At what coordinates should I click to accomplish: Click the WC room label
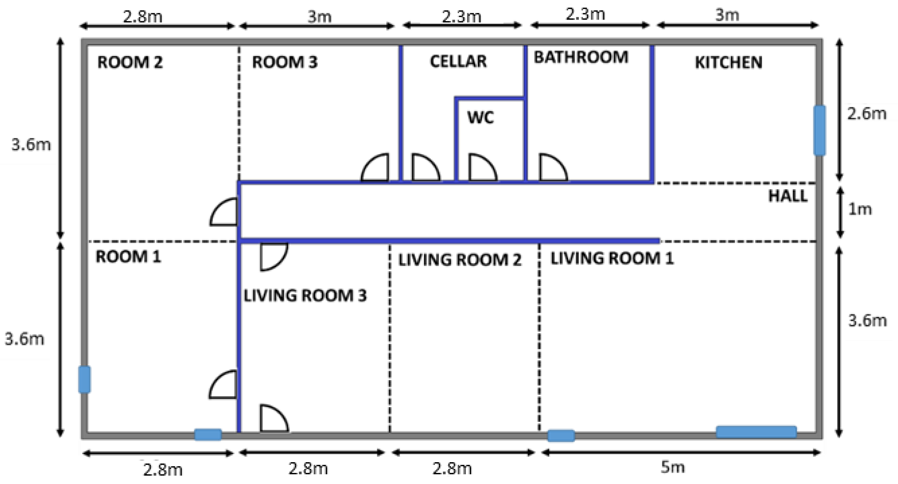[x=480, y=117]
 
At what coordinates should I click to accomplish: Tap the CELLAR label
[x=458, y=61]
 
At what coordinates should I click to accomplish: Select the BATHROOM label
[x=581, y=57]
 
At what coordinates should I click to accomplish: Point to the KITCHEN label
[x=728, y=63]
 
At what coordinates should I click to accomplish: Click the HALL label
[x=788, y=196]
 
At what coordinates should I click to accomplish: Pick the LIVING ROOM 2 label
[x=460, y=260]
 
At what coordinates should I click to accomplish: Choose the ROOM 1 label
[x=128, y=257]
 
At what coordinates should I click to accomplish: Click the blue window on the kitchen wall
[x=820, y=130]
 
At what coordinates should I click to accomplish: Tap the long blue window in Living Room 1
[x=756, y=432]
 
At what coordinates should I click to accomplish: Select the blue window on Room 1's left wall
[x=84, y=379]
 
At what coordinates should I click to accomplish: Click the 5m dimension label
[x=672, y=467]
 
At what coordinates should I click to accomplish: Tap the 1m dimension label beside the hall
[x=860, y=209]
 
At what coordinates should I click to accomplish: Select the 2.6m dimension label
[x=867, y=114]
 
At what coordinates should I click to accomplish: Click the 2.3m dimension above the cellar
[x=461, y=17]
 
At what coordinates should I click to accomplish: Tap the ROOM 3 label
[x=285, y=62]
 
